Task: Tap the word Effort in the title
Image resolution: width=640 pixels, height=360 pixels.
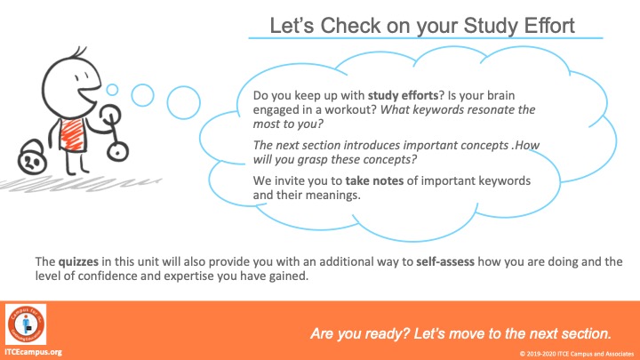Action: tap(549, 25)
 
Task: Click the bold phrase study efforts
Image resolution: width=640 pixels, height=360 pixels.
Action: tap(403, 95)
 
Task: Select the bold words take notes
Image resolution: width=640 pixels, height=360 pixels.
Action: tap(374, 180)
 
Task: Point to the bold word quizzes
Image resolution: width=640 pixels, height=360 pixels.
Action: tap(78, 261)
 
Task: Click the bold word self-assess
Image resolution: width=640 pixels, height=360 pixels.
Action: tap(445, 261)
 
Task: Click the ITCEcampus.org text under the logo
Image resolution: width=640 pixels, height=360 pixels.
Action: tap(33, 352)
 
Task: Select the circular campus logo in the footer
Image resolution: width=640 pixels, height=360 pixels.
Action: tap(26, 324)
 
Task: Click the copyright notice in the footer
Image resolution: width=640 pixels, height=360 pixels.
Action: tap(577, 354)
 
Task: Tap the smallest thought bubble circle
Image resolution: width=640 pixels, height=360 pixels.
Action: tap(112, 90)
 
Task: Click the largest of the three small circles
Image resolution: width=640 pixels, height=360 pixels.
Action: tap(183, 102)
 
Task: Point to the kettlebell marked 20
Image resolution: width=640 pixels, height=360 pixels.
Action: tap(32, 158)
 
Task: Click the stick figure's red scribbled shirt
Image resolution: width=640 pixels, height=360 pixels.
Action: tap(72, 134)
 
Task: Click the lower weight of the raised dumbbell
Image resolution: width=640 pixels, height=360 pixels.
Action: tap(118, 151)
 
